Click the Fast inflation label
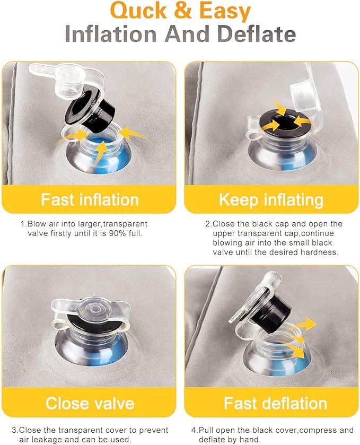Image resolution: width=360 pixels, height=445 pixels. pyautogui.click(x=90, y=199)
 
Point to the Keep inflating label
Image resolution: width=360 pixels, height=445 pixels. pyautogui.click(x=271, y=200)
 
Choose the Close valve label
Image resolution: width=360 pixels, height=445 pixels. pyautogui.click(x=90, y=403)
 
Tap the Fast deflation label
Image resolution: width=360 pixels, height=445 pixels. pyautogui.click(x=275, y=403)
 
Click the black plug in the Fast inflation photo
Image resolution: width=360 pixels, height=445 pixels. pyautogui.click(x=92, y=110)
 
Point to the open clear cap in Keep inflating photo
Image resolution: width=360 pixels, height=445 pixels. pyautogui.click(x=304, y=94)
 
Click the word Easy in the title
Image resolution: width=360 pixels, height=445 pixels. pyautogui.click(x=225, y=11)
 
